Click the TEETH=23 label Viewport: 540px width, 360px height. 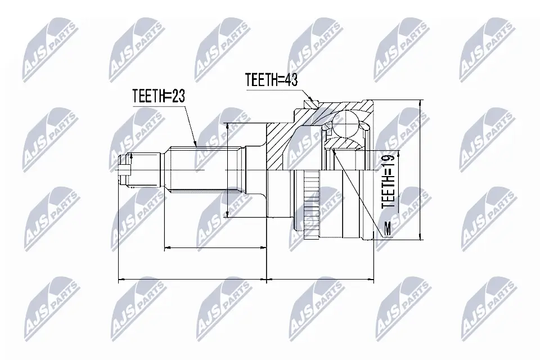(x=159, y=96)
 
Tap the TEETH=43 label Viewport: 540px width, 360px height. (x=271, y=80)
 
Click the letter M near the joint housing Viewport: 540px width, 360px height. (x=387, y=228)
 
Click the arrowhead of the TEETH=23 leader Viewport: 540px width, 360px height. (x=195, y=145)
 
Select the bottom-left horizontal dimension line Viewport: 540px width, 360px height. (x=192, y=278)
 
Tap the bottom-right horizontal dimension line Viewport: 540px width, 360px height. (x=321, y=278)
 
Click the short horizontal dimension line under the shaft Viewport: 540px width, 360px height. (x=214, y=247)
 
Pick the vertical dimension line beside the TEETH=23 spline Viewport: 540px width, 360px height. (x=227, y=169)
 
